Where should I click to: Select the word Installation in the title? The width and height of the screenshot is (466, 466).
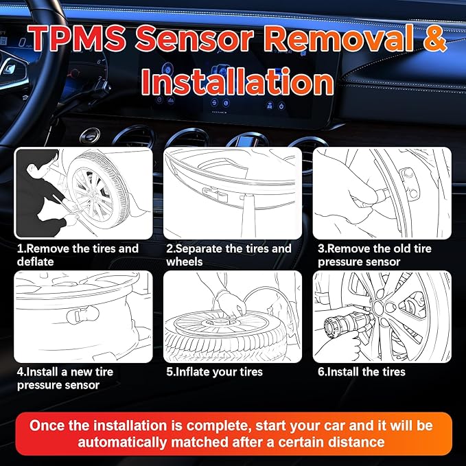pos(233,82)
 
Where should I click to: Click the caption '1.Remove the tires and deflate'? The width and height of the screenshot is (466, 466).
pos(78,255)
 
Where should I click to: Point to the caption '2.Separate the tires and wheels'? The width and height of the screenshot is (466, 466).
pos(229,255)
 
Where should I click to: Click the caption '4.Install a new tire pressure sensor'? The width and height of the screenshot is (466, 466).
pos(65,378)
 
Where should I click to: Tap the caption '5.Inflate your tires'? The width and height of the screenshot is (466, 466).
pos(215,372)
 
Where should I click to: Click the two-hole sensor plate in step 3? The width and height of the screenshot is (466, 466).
pos(411,184)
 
